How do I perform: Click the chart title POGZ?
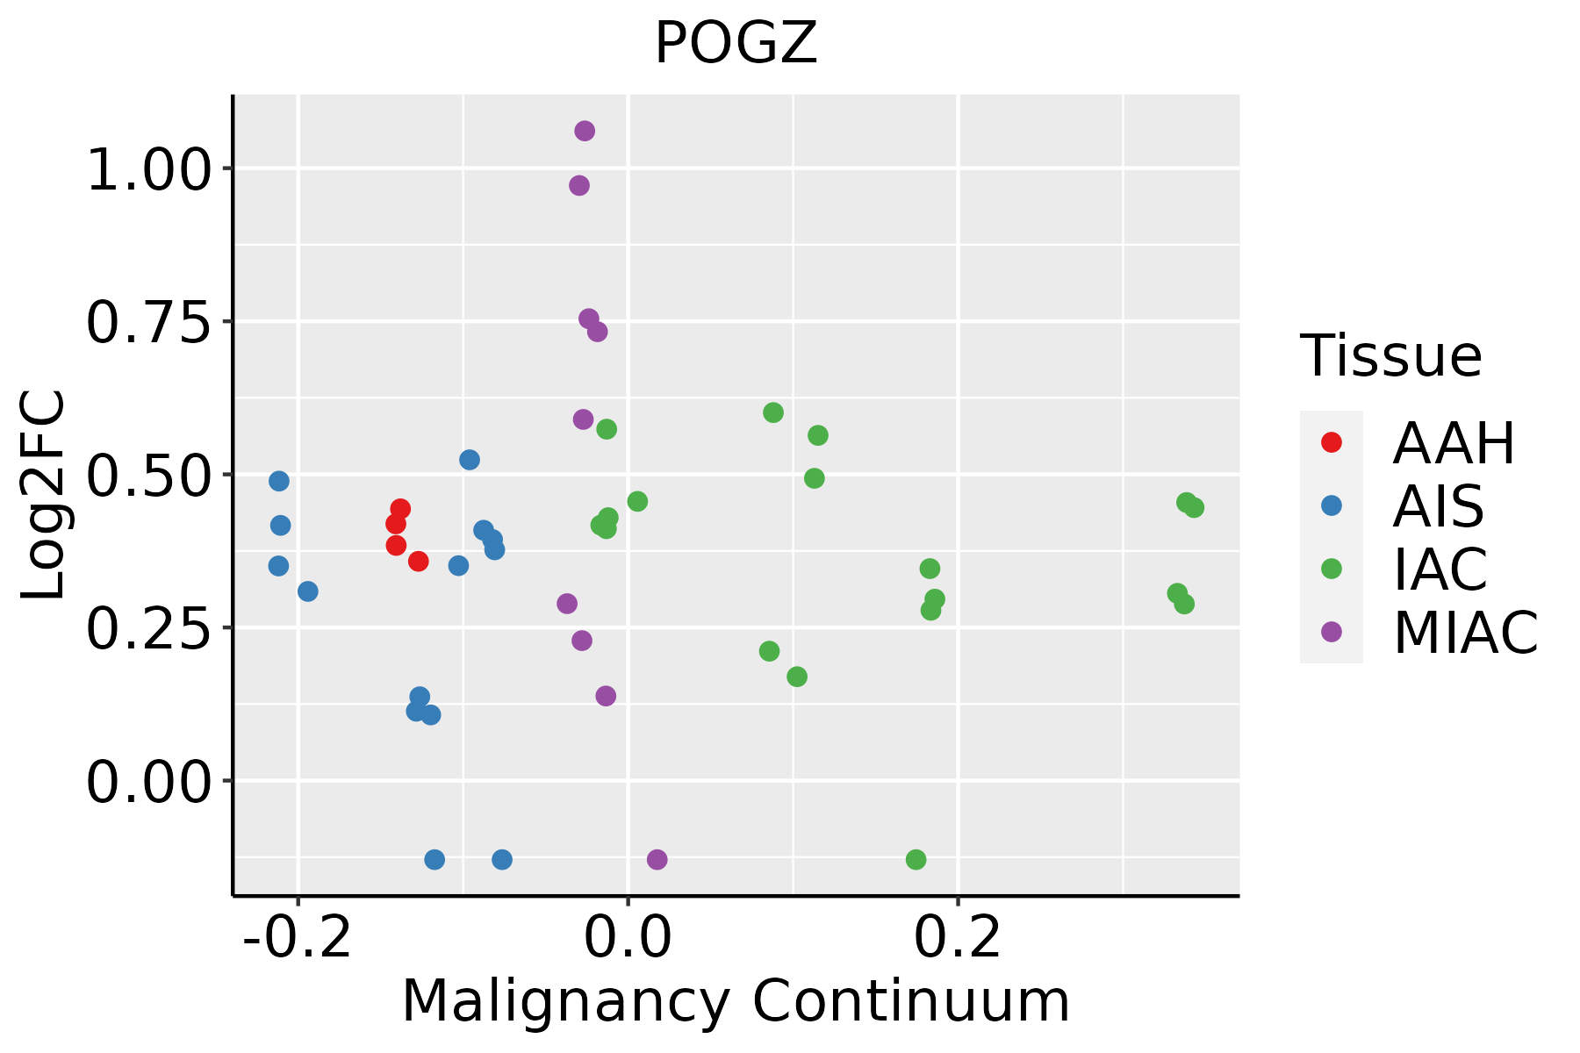point(736,44)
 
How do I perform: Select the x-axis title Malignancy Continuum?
point(736,1001)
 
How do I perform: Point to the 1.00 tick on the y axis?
point(149,170)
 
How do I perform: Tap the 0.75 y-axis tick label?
point(149,323)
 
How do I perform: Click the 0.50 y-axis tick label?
point(149,476)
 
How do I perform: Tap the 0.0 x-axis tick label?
point(628,938)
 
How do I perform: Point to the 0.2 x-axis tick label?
point(958,938)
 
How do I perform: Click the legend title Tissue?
point(1390,356)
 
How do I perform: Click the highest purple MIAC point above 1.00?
point(585,131)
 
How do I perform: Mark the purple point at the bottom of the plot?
point(657,859)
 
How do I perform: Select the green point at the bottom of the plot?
point(916,859)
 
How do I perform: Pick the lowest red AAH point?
point(419,561)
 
